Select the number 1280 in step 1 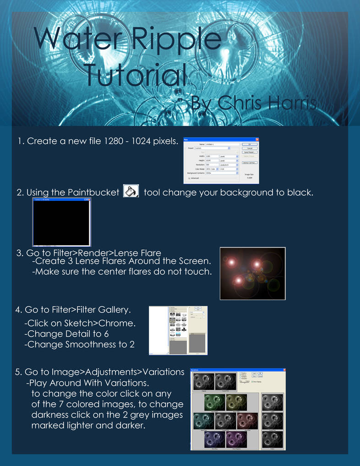pyautogui.click(x=110, y=141)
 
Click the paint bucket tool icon pyautogui.click(x=131, y=191)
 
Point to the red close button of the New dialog pyautogui.click(x=257, y=139)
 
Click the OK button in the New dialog pyautogui.click(x=250, y=144)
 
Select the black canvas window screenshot pyautogui.click(x=61, y=222)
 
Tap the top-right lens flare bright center pyautogui.click(x=256, y=264)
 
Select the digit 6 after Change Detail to pyautogui.click(x=106, y=334)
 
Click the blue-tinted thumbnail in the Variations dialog pyautogui.click(x=214, y=439)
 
